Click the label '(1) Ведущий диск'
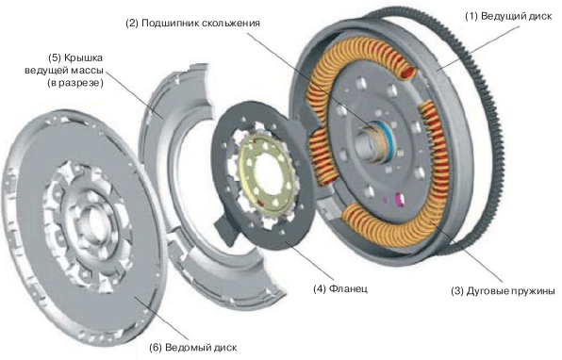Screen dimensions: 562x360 point(508,16)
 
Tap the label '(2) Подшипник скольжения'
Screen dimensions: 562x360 point(192,24)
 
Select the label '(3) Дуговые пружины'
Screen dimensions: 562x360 point(504,291)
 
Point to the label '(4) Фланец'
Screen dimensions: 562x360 point(340,288)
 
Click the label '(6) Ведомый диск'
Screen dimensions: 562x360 point(192,348)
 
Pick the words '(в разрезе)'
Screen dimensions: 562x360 point(74,83)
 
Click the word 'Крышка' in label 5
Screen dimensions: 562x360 point(83,57)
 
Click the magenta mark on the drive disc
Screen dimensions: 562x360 point(398,199)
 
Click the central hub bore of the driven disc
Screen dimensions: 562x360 point(94,224)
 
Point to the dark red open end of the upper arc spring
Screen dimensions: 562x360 point(408,73)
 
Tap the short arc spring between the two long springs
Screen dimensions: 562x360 point(321,155)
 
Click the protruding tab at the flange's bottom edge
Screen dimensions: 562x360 point(226,229)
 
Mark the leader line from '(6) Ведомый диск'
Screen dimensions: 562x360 point(161,319)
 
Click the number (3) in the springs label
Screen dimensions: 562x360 point(457,291)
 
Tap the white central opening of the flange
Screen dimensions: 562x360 point(269,172)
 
